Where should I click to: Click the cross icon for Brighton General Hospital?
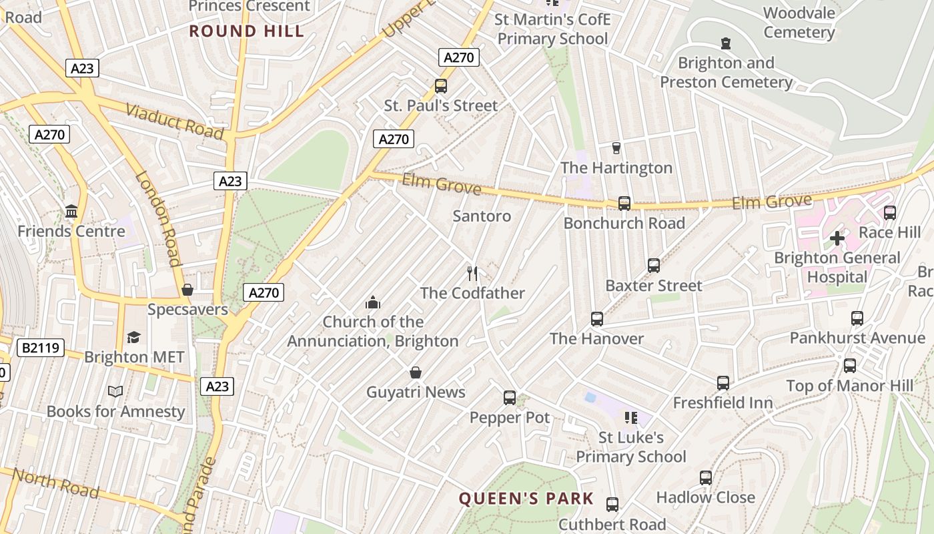(837, 238)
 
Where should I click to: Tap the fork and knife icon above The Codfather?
(472, 273)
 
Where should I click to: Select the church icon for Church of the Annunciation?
(373, 302)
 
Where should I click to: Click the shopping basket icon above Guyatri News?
(416, 372)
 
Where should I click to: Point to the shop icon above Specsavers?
(187, 290)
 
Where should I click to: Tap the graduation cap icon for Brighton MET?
(134, 337)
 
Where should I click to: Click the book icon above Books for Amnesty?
(115, 391)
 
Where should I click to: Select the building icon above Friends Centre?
(71, 212)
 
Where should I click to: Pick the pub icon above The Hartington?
(616, 148)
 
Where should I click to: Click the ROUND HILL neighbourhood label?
(247, 31)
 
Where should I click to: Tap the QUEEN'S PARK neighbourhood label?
(526, 499)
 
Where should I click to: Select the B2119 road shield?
(41, 347)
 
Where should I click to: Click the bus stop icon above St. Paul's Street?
(440, 85)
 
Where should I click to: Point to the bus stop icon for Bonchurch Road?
(624, 203)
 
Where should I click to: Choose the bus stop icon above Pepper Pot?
(510, 398)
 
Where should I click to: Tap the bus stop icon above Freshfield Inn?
(723, 383)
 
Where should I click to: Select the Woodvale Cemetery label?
(799, 23)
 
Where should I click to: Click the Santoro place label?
(482, 216)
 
